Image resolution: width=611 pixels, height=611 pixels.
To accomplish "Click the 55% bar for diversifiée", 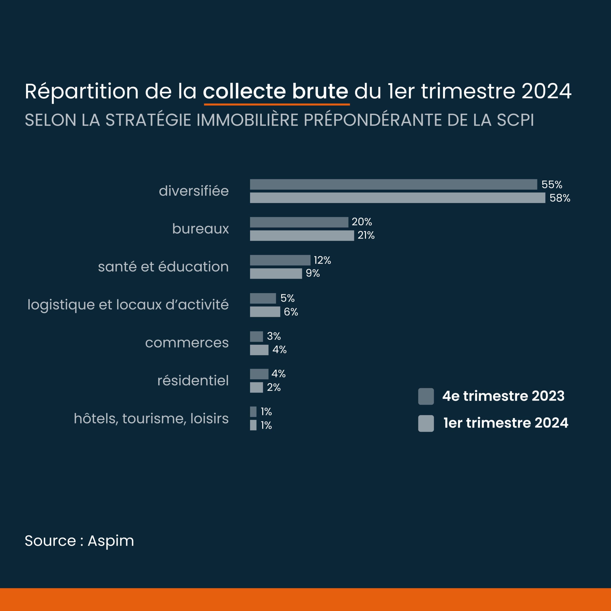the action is (x=393, y=184).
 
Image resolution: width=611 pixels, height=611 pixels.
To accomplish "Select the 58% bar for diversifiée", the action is (x=398, y=198).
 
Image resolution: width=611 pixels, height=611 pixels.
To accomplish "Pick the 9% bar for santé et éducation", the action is (x=276, y=274).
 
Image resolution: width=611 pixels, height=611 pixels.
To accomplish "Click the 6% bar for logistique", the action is (x=265, y=311).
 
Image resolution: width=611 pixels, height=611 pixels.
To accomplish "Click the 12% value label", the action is (x=322, y=260).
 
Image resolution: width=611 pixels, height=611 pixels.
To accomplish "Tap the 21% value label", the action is (x=366, y=235).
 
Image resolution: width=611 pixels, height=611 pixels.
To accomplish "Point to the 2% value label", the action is (x=274, y=387).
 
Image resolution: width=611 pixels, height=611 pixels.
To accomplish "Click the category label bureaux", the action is (x=200, y=229).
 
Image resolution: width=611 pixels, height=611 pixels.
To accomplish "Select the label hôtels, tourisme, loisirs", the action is (x=151, y=418).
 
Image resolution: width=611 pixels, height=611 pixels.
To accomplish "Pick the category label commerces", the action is (x=187, y=343).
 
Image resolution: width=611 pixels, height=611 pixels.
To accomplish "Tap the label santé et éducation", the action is (x=163, y=267).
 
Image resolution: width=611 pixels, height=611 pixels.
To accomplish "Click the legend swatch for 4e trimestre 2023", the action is (x=426, y=396).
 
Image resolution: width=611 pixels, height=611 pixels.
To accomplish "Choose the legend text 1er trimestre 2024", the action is (x=506, y=423).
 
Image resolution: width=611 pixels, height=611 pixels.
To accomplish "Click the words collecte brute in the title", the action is (x=275, y=91).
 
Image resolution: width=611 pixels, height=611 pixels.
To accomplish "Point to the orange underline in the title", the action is (x=277, y=104).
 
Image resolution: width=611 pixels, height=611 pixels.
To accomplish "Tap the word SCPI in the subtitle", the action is (x=516, y=120).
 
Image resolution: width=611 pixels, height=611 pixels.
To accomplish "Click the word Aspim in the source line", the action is (x=111, y=541).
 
